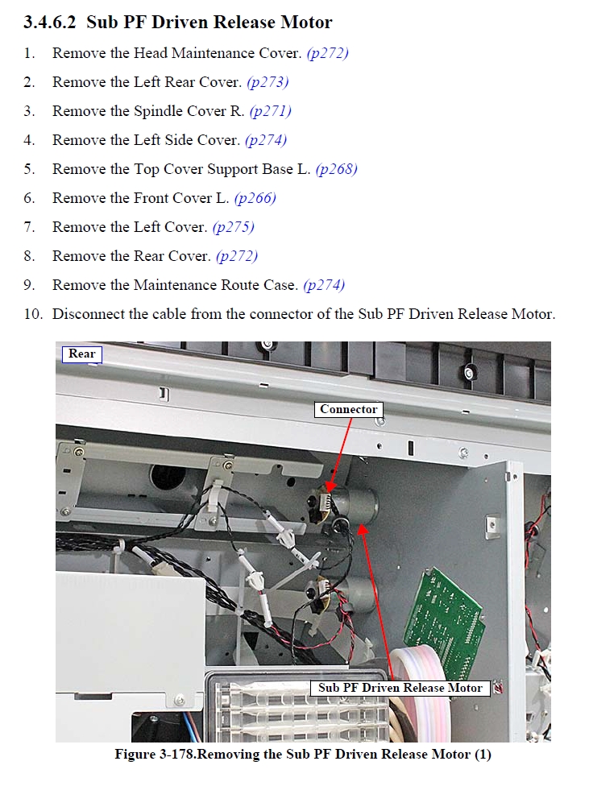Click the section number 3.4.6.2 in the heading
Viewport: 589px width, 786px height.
[x=50, y=23]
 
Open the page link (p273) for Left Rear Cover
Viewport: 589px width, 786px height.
[x=268, y=82]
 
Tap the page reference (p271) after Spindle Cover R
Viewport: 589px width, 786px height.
[x=271, y=111]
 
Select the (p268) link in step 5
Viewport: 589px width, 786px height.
[x=336, y=169]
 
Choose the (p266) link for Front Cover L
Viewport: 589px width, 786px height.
[x=255, y=198]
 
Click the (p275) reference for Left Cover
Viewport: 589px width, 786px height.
[x=234, y=228]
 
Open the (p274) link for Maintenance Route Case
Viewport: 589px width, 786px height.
[x=324, y=286]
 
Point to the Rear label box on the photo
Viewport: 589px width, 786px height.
[x=81, y=354]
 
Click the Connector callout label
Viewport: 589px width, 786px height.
[x=349, y=410]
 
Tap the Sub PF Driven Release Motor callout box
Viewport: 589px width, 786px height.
[x=400, y=688]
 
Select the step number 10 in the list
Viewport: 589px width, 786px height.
[x=33, y=314]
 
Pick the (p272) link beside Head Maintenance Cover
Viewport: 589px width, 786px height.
[x=328, y=53]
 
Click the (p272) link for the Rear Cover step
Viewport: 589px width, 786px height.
[x=237, y=257]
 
